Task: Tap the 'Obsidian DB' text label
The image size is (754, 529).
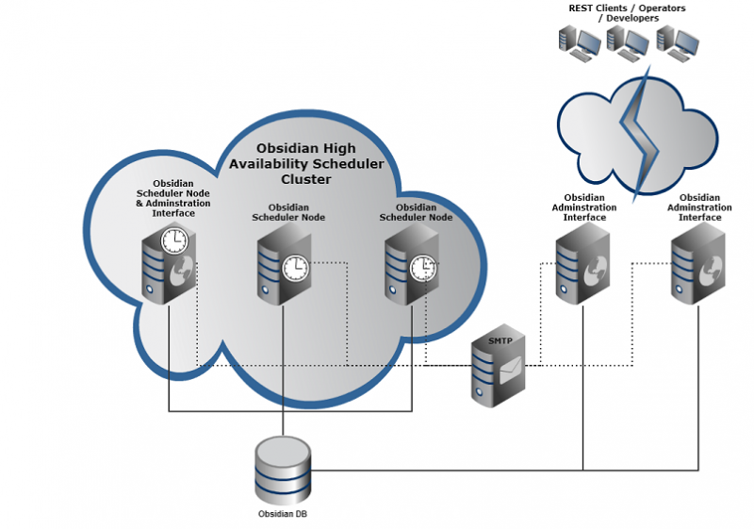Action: [283, 514]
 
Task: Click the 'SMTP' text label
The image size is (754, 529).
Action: [500, 340]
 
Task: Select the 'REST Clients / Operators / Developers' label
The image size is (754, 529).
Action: [626, 13]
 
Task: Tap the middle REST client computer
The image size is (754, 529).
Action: [627, 42]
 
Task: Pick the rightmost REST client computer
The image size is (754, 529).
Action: [677, 42]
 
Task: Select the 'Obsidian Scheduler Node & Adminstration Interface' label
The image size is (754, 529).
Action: [173, 198]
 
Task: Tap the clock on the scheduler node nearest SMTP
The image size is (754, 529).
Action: [423, 268]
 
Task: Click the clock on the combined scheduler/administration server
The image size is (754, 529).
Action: [173, 241]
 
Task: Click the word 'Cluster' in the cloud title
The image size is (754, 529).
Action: [306, 179]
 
